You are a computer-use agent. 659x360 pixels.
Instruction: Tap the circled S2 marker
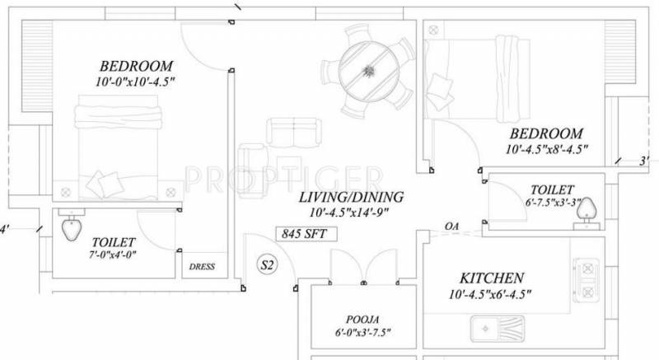[x=267, y=266]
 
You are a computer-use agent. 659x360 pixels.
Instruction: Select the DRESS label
[x=201, y=266]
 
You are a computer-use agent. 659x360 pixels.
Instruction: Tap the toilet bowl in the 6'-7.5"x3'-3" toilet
[x=588, y=213]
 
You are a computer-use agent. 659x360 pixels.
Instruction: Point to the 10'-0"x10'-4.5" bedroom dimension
[x=137, y=81]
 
